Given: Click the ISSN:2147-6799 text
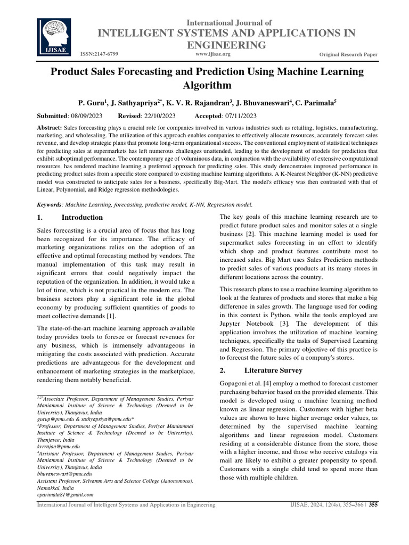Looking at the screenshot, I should click(x=99, y=54).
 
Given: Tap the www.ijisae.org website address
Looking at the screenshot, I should click(x=213, y=54).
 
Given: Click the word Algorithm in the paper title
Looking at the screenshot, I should click(x=207, y=85).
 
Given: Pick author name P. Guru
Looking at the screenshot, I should click(x=107, y=102).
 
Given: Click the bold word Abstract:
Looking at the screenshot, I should click(x=49, y=129).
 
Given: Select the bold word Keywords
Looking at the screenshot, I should click(x=48, y=204).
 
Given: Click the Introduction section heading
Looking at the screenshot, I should click(x=82, y=218).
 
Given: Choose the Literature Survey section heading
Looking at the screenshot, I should click(x=273, y=370).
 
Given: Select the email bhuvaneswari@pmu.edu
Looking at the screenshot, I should click(x=64, y=473).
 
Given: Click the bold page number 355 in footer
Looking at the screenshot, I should click(x=373, y=505).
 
